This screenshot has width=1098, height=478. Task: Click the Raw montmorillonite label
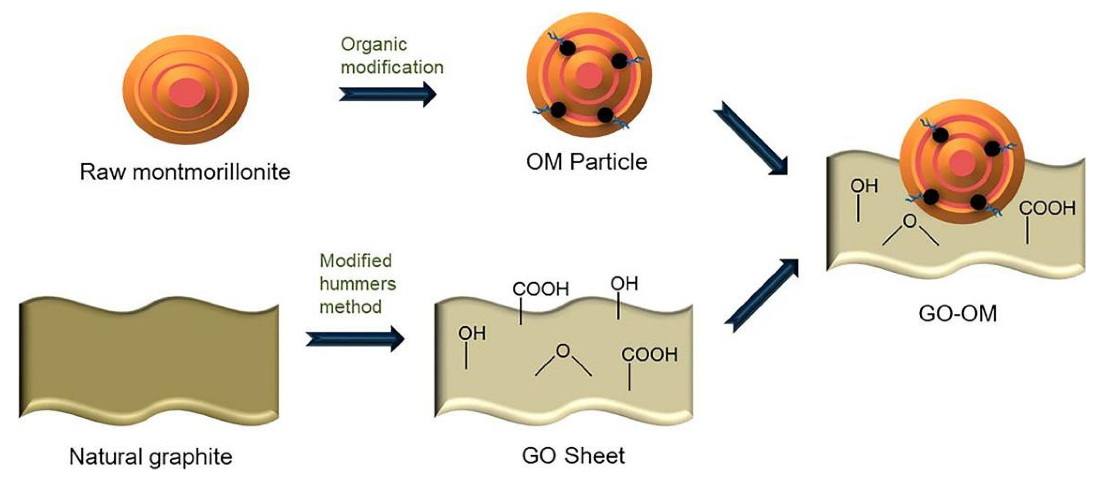(x=185, y=172)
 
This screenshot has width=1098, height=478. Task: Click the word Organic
(x=374, y=44)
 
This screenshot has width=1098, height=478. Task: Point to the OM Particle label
(x=586, y=162)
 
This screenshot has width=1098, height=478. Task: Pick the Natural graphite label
(x=150, y=457)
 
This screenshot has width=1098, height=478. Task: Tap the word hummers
(x=358, y=284)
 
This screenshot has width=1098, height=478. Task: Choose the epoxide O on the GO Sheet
(x=563, y=351)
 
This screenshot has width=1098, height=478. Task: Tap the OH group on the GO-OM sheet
(x=864, y=186)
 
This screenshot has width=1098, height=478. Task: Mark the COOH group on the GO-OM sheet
(x=1047, y=208)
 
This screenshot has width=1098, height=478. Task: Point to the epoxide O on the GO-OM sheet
(x=910, y=221)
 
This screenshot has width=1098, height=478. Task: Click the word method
(x=350, y=307)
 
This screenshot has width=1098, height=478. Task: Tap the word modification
(x=392, y=67)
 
